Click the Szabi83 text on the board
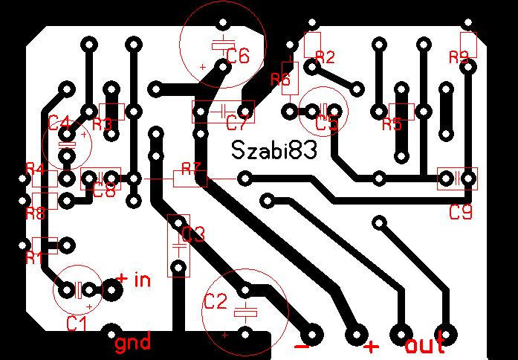pyautogui.click(x=273, y=150)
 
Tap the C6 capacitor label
pyautogui.click(x=238, y=55)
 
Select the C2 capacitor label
pyautogui.click(x=215, y=302)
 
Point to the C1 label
pyautogui.click(x=77, y=324)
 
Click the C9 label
pyautogui.click(x=461, y=213)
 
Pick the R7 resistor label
pyautogui.click(x=192, y=168)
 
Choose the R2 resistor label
pyautogui.click(x=326, y=57)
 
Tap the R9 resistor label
pyautogui.click(x=459, y=57)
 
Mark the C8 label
pyautogui.click(x=105, y=190)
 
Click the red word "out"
pyautogui.click(x=425, y=345)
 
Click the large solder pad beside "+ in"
pyautogui.click(x=112, y=289)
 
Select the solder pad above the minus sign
pyautogui.click(x=311, y=334)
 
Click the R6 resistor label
pyautogui.click(x=281, y=80)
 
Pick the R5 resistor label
pyautogui.click(x=392, y=124)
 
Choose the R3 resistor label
pyautogui.click(x=102, y=123)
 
